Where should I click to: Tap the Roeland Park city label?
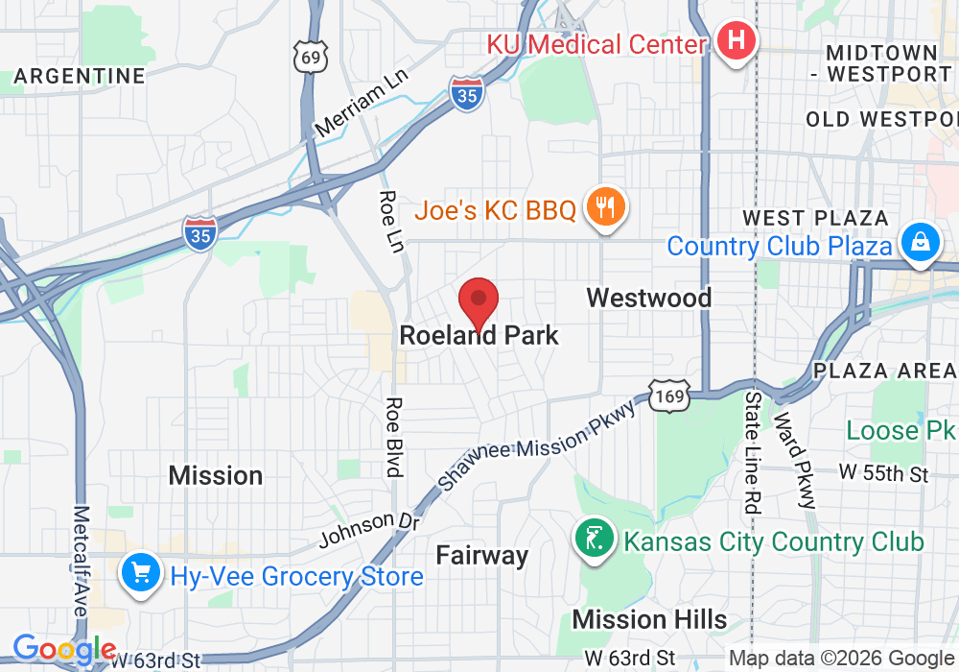click(479, 335)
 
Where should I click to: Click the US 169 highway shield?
click(667, 396)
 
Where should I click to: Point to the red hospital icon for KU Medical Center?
click(737, 41)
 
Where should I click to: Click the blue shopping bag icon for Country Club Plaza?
click(919, 242)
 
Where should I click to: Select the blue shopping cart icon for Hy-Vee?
click(141, 575)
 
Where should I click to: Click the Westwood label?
click(648, 298)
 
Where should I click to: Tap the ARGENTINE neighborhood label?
click(80, 76)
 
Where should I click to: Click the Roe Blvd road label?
click(393, 437)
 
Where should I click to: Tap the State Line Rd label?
click(753, 450)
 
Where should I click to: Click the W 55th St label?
click(883, 473)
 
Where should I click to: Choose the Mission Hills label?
click(649, 619)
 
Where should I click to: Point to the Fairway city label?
click(481, 555)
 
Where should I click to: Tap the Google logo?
click(64, 649)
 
